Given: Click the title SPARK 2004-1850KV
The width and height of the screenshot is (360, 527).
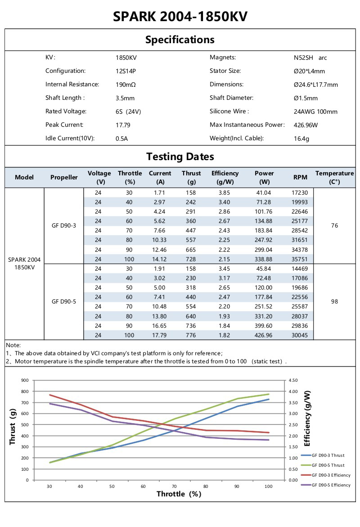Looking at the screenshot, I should (180, 17).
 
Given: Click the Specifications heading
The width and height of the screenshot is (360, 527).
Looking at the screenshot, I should (180, 40).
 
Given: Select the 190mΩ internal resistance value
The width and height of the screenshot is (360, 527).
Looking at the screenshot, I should (126, 85).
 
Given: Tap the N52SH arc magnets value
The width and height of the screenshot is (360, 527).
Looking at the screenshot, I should (310, 58).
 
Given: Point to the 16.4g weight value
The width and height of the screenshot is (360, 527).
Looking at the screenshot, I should (301, 139).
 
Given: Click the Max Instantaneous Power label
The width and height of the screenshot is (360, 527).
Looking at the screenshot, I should (247, 125).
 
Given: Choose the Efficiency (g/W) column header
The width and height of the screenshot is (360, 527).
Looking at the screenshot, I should (225, 178).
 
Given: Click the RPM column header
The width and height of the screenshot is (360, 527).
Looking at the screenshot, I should (300, 178).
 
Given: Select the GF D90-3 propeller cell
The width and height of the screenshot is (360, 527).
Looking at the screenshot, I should (64, 225).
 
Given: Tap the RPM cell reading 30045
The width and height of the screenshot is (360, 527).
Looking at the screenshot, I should (300, 335).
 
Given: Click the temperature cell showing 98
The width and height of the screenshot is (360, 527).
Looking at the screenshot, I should (334, 302).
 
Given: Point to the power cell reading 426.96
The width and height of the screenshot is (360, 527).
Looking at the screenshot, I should (264, 335).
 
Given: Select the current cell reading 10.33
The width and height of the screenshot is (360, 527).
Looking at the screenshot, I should (160, 240).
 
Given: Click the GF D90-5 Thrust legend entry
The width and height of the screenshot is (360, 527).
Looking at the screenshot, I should (328, 465).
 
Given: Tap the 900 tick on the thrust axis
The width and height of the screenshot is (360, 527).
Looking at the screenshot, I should (24, 380).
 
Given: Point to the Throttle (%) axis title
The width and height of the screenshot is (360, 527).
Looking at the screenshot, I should (179, 494).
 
